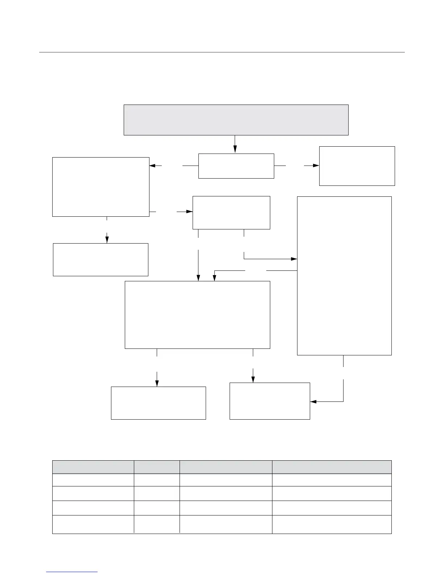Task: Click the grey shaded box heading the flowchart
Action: click(x=236, y=120)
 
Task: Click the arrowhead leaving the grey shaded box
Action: click(x=235, y=149)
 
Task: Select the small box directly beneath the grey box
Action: click(x=236, y=166)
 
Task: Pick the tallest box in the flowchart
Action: click(x=344, y=276)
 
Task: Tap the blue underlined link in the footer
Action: click(x=72, y=572)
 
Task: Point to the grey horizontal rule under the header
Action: click(x=222, y=52)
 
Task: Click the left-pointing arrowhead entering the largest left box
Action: click(x=152, y=166)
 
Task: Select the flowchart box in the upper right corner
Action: click(x=357, y=166)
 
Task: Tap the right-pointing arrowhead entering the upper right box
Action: click(x=316, y=166)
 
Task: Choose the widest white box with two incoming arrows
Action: click(x=197, y=315)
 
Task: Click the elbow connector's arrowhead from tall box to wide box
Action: click(x=214, y=278)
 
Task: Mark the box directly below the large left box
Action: click(x=100, y=260)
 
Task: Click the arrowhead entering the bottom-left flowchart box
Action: click(x=157, y=383)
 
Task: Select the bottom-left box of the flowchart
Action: click(x=158, y=403)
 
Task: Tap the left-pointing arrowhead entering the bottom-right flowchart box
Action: click(x=313, y=401)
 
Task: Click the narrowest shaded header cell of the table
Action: click(x=157, y=467)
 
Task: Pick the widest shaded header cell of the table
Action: click(x=332, y=467)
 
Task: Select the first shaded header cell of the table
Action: click(x=93, y=467)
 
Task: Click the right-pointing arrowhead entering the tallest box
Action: click(x=294, y=259)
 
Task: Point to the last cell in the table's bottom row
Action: click(x=332, y=524)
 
